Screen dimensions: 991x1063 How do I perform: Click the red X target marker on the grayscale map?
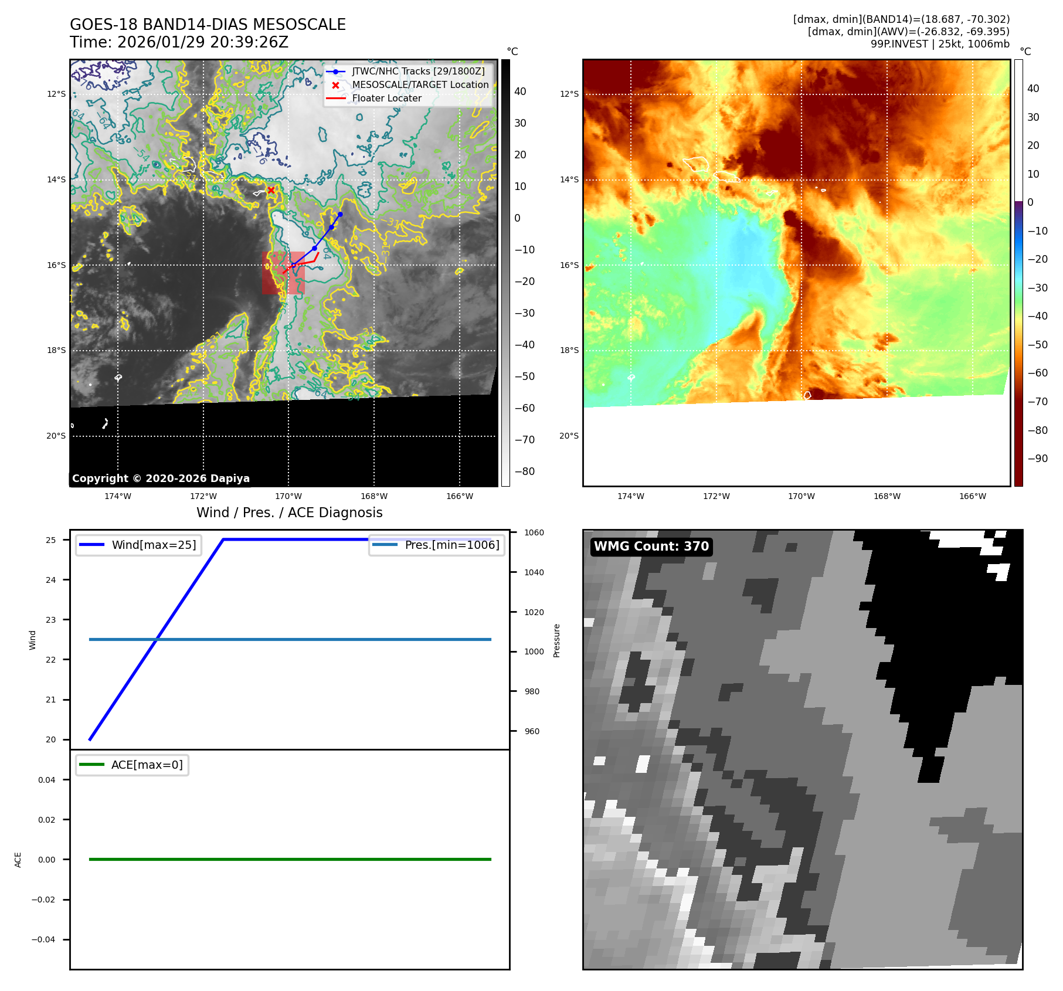[271, 190]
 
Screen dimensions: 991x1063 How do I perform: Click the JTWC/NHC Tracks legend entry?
[418, 72]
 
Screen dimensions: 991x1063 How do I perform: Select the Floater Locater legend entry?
[386, 99]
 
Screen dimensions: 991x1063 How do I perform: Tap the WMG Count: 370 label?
[651, 547]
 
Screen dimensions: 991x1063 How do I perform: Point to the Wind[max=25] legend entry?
[154, 545]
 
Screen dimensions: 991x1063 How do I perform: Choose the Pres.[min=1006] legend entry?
[451, 545]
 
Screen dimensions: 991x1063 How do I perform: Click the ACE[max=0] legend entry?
[147, 765]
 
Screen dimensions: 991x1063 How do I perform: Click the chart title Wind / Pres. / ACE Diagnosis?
[289, 513]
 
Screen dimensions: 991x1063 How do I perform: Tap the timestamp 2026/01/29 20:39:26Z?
[202, 42]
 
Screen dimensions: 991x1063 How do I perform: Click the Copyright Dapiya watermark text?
[161, 478]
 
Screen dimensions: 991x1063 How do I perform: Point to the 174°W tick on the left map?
[118, 496]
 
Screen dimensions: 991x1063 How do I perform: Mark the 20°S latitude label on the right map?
[569, 436]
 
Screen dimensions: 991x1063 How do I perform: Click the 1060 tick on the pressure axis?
[534, 532]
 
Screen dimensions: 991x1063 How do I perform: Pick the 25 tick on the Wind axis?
[51, 540]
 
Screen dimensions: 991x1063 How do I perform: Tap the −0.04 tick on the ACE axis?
[43, 939]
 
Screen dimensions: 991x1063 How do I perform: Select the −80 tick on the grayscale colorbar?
[524, 471]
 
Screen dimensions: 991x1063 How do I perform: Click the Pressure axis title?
[556, 640]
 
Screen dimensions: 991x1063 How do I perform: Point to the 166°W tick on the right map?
[972, 496]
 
